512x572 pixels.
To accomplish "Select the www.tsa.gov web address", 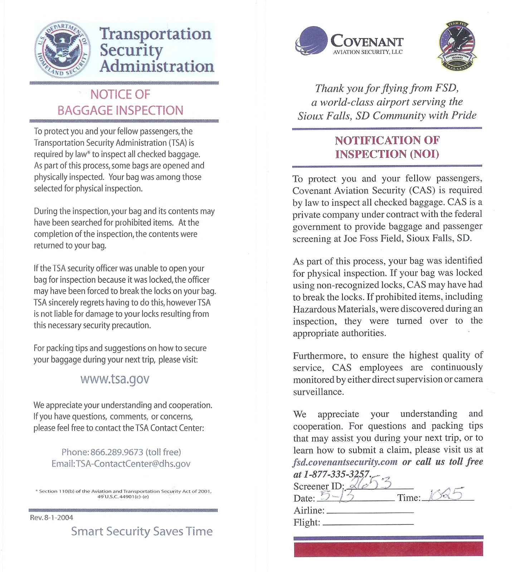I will pos(114,379).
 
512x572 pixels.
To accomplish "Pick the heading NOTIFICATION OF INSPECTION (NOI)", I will pos(387,147).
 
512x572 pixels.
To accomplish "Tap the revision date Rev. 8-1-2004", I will pos(52,517).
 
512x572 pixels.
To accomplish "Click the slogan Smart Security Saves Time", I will pos(142,531).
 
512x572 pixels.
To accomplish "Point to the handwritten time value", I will pos(445,495).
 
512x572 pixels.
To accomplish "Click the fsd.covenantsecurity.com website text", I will pos(345,462).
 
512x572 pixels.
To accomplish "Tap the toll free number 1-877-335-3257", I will pos(336,474).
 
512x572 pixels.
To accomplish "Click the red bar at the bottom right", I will pos(388,549).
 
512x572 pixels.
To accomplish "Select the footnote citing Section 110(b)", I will pos(123,494).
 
